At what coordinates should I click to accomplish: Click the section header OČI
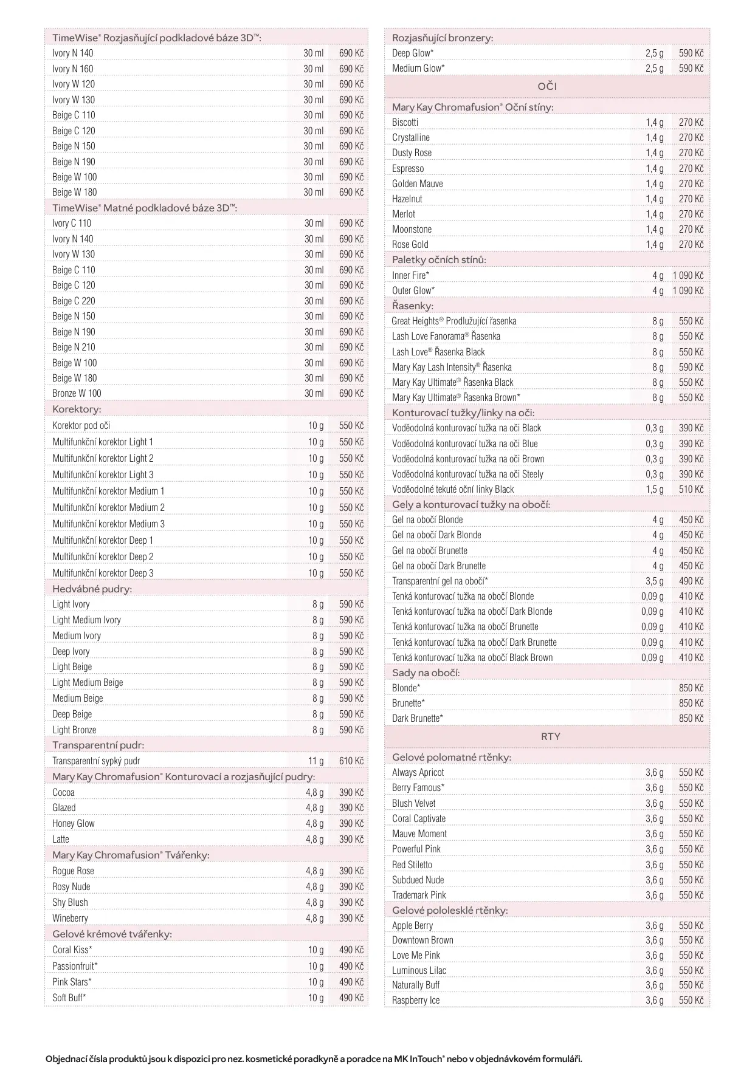click(x=546, y=87)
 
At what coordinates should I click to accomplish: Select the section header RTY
click(x=550, y=736)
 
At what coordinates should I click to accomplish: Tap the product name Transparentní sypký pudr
click(x=96, y=761)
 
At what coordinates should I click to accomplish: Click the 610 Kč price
click(x=351, y=761)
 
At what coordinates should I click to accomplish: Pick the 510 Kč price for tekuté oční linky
click(x=691, y=489)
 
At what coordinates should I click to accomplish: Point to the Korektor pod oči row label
click(x=81, y=425)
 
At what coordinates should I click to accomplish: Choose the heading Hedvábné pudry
click(x=92, y=589)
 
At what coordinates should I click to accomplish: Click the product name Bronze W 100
click(x=77, y=393)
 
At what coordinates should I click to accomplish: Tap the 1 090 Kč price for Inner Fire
click(x=688, y=275)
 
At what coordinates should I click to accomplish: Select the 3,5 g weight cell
click(x=654, y=581)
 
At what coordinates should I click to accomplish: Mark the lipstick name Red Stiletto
click(x=412, y=865)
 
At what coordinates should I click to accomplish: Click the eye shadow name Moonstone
click(x=412, y=229)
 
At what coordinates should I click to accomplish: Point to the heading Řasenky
click(x=412, y=306)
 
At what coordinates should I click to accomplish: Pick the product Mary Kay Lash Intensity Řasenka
click(x=452, y=367)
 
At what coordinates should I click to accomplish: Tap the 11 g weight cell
click(x=315, y=761)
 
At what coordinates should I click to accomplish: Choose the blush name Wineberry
click(x=70, y=918)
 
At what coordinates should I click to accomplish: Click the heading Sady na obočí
click(x=426, y=673)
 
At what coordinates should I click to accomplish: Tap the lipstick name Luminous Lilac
click(x=419, y=970)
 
